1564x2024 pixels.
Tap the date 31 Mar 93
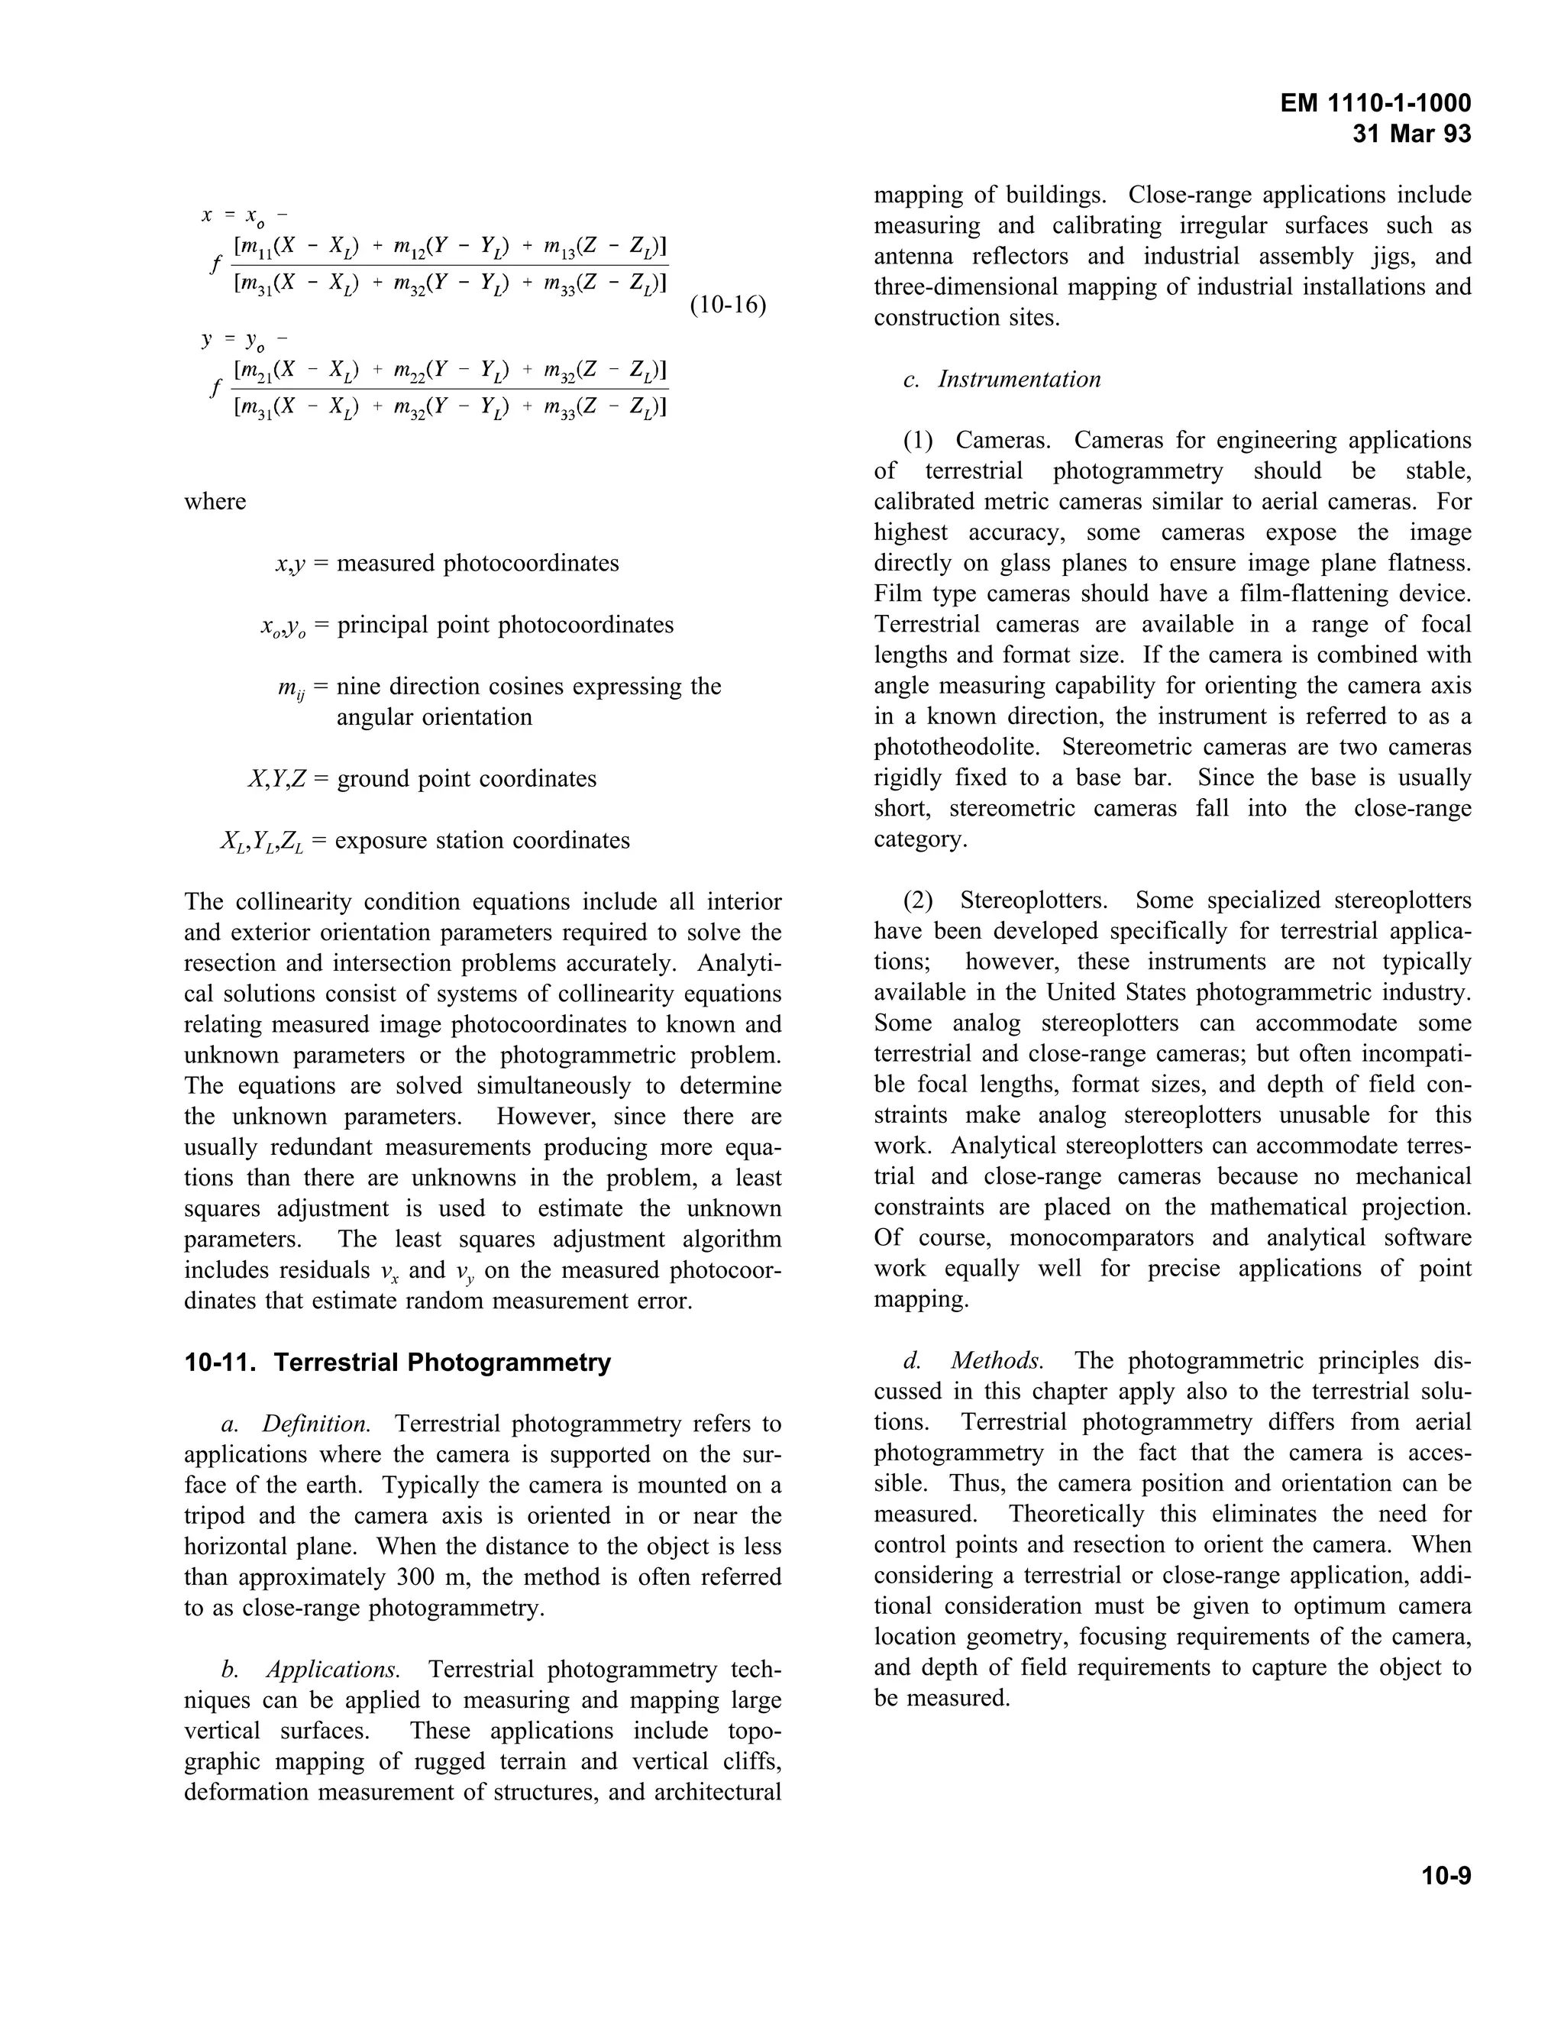coord(1411,134)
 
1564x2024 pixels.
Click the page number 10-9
coord(1446,1876)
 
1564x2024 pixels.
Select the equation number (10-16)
coord(729,305)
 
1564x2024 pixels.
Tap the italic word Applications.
coord(333,1669)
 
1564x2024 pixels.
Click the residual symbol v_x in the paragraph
coord(390,1272)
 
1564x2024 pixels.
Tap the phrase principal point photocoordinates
coord(505,625)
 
